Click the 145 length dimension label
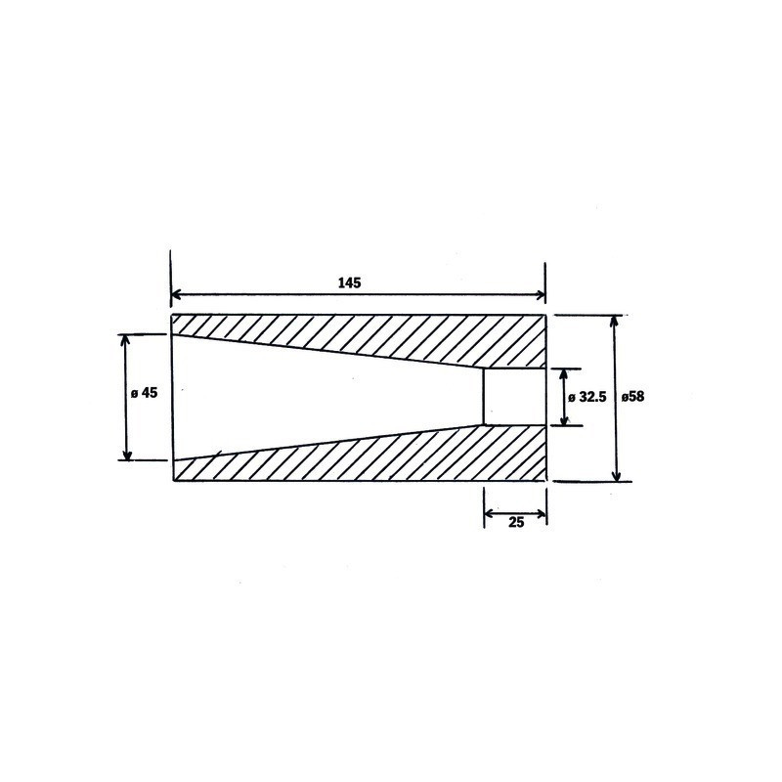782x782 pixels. point(350,282)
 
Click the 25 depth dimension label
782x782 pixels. point(516,522)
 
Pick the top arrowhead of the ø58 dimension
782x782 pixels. point(615,321)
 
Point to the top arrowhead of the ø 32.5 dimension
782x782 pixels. point(561,373)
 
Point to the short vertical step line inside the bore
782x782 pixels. point(485,397)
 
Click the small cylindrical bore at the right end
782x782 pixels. point(515,397)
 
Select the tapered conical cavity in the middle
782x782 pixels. point(323,397)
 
